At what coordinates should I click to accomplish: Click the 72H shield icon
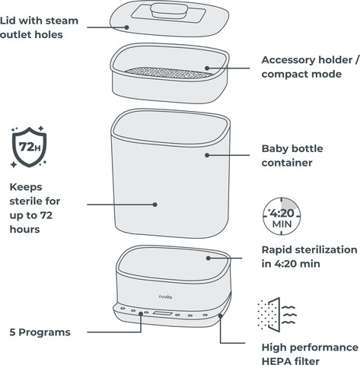(x=29, y=147)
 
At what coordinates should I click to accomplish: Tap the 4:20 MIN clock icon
(x=282, y=216)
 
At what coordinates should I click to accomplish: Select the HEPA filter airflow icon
(x=277, y=315)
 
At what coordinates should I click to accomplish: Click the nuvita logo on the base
(x=165, y=297)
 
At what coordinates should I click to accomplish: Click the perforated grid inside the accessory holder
(x=169, y=73)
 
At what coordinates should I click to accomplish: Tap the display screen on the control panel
(x=162, y=313)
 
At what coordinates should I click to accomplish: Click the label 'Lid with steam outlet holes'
(x=39, y=27)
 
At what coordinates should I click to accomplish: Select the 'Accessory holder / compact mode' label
(x=311, y=67)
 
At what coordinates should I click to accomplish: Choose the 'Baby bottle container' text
(x=292, y=155)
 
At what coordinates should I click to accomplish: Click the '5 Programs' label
(x=40, y=332)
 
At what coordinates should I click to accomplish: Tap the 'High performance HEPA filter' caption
(x=310, y=354)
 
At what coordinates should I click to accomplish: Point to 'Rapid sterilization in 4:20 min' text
(x=309, y=256)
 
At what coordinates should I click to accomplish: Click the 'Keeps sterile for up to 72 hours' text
(x=35, y=208)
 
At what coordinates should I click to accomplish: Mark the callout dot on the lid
(x=126, y=27)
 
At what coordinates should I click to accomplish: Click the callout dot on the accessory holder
(x=207, y=68)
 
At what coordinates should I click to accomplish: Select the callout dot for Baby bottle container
(x=207, y=155)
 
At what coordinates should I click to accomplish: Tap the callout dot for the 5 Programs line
(x=141, y=313)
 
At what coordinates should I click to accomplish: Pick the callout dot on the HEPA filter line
(x=220, y=316)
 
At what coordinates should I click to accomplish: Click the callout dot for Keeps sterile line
(x=155, y=205)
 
